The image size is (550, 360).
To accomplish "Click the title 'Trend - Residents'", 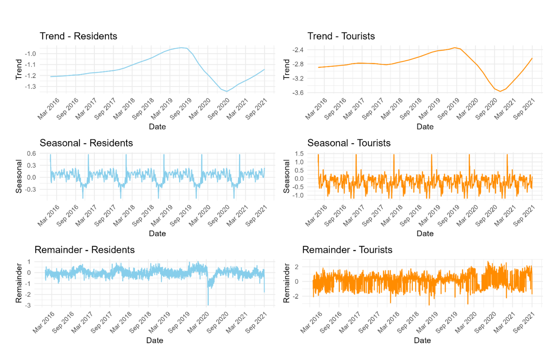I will [78, 36].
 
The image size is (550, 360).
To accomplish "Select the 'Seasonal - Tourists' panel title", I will [349, 143].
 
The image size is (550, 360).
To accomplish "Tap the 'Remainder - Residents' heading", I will [85, 250].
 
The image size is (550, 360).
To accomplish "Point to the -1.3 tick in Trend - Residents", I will [30, 86].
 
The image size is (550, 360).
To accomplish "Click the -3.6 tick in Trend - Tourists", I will [298, 93].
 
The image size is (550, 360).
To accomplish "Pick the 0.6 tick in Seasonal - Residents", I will [31, 154].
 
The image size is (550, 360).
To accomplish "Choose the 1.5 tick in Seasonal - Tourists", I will [299, 154].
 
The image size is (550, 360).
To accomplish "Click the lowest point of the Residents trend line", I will [227, 91].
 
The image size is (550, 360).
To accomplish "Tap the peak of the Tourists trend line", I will [455, 47].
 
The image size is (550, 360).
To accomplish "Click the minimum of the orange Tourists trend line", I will [500, 91].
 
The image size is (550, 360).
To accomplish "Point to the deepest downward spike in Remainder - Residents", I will [208, 304].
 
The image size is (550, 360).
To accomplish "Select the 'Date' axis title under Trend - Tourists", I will [425, 127].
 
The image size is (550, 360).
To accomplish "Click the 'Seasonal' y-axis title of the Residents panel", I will [19, 176].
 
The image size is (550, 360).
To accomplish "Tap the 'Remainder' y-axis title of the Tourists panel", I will [286, 283].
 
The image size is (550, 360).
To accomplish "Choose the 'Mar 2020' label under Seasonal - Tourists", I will [467, 216].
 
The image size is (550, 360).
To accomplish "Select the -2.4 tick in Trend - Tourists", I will [298, 50].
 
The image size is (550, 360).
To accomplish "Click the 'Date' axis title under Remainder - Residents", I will [154, 340].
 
